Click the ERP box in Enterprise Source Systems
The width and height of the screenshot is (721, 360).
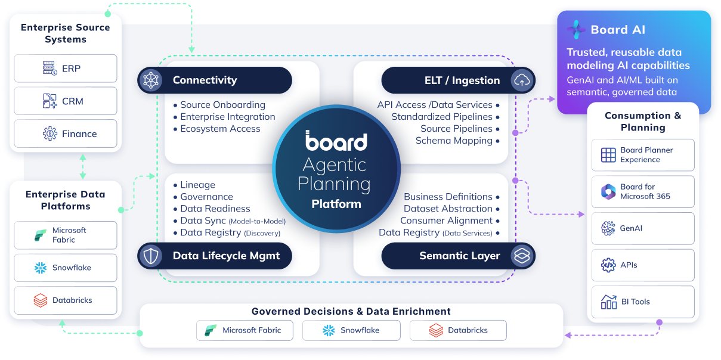click(x=66, y=68)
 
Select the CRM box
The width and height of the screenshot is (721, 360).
click(x=66, y=101)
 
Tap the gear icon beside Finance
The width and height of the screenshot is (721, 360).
click(x=50, y=134)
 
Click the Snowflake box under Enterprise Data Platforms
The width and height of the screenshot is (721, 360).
click(x=66, y=268)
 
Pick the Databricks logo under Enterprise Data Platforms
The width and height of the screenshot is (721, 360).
click(x=41, y=300)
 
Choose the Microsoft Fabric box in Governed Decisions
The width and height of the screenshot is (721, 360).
click(x=245, y=330)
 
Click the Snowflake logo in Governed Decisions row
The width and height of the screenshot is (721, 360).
click(x=329, y=330)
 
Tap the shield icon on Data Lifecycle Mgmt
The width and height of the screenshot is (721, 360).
click(x=151, y=256)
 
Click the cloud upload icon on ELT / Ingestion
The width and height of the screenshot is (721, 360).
click(x=521, y=80)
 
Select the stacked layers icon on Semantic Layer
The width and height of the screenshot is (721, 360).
click(x=521, y=256)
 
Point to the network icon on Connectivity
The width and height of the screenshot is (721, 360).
click(x=151, y=80)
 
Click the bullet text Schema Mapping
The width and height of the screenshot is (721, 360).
click(x=454, y=141)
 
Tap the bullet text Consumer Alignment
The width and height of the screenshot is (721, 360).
click(x=447, y=221)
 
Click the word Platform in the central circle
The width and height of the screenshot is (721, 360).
click(x=336, y=204)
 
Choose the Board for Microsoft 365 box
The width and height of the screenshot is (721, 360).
click(x=643, y=192)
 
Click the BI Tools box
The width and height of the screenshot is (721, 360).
click(x=643, y=302)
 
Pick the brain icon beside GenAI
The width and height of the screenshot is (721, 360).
click(x=608, y=228)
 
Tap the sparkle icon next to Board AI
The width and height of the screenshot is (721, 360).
click(x=576, y=30)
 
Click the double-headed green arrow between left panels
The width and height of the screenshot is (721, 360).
click(x=83, y=167)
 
